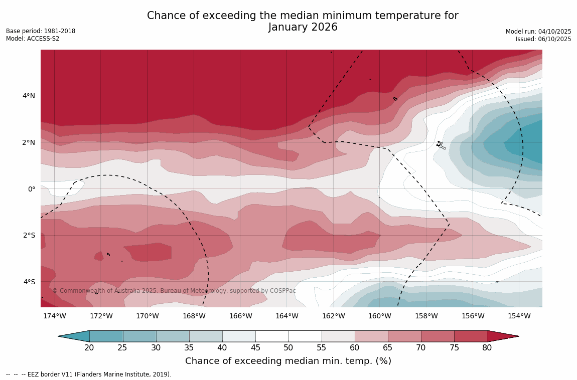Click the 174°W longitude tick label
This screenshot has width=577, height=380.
(x=54, y=316)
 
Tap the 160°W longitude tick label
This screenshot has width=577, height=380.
(x=379, y=316)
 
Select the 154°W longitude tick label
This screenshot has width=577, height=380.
(x=519, y=316)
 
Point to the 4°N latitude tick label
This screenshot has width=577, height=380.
(x=29, y=96)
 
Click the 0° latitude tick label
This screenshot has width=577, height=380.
(x=32, y=189)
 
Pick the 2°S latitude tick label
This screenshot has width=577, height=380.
(x=29, y=235)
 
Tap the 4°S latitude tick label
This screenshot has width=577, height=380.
(x=29, y=282)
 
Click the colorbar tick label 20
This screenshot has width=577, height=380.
(x=89, y=348)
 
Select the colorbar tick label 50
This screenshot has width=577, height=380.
(x=288, y=348)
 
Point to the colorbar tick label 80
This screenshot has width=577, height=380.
(x=487, y=348)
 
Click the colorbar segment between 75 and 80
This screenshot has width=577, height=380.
(x=471, y=336)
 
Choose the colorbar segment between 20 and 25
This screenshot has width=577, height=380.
(x=106, y=336)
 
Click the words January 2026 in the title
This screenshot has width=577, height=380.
(x=303, y=28)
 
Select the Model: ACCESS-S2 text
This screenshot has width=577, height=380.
(x=33, y=39)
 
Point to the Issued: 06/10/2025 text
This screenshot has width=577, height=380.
(x=543, y=39)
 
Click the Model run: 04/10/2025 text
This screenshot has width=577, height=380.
(x=538, y=31)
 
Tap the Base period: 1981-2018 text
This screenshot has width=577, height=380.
(x=41, y=31)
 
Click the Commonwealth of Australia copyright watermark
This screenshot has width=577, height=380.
(x=174, y=291)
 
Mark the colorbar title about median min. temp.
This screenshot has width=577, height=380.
(x=288, y=361)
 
